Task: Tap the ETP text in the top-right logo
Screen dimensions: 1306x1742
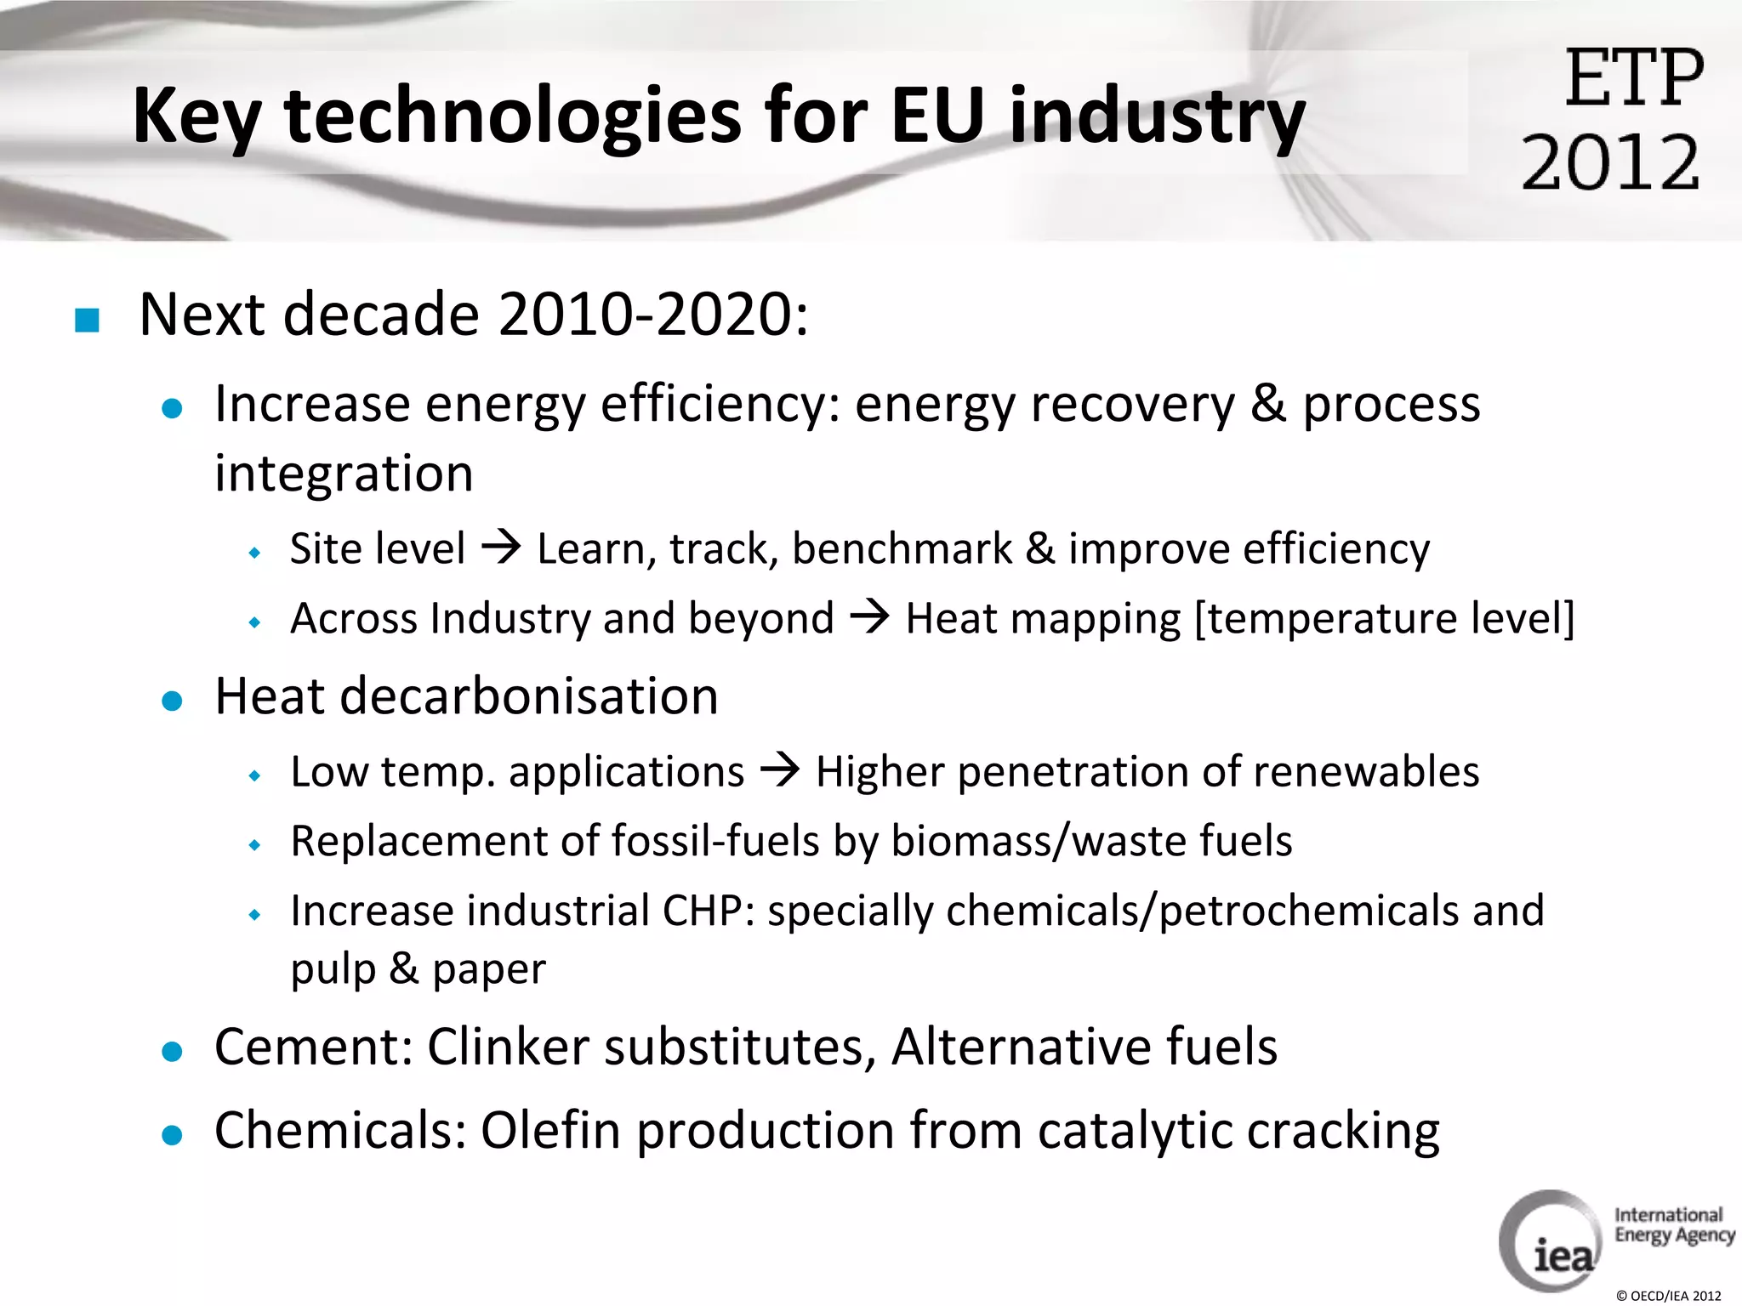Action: [1634, 78]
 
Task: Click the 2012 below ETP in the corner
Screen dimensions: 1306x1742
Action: [1610, 162]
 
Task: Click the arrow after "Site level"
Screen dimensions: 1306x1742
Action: [501, 547]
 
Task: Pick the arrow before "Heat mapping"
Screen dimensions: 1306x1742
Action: [869, 616]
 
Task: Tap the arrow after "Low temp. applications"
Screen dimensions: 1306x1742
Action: [779, 770]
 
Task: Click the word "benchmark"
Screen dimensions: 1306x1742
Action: [902, 548]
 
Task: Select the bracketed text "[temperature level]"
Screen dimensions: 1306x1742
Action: [1385, 618]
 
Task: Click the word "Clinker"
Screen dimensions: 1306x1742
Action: [508, 1047]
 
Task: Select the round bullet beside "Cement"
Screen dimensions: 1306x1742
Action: [173, 1052]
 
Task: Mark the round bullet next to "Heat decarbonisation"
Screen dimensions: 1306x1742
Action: [173, 701]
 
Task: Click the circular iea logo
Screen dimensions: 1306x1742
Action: [1550, 1241]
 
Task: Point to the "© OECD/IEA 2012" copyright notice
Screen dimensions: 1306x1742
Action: [1668, 1296]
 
